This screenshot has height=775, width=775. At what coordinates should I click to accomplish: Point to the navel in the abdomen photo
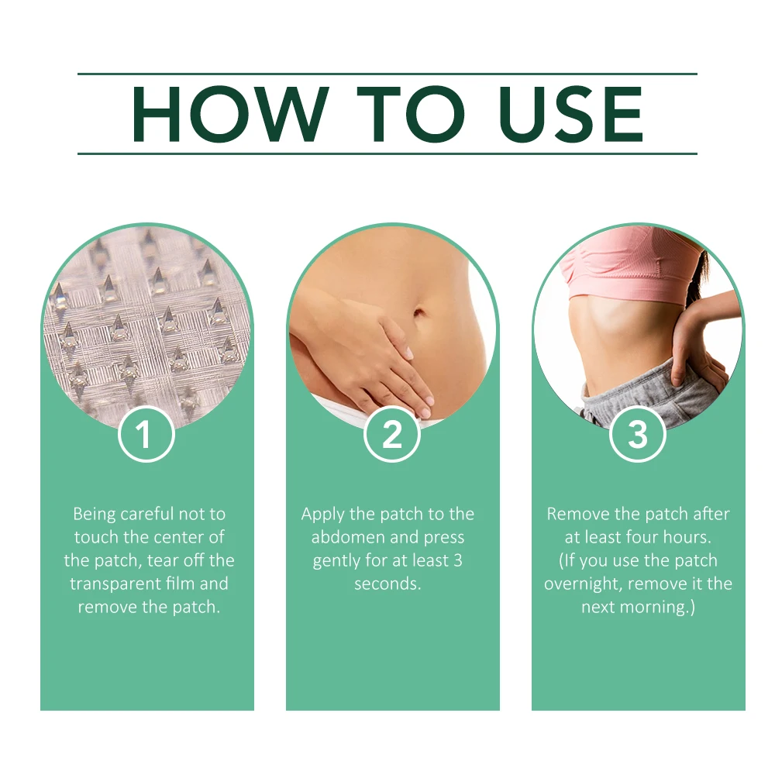point(419,313)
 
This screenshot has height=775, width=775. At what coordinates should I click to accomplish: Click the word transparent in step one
point(115,584)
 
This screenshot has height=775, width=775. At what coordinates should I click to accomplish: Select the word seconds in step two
point(387,584)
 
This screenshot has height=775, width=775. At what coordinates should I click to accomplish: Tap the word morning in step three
point(653,607)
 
